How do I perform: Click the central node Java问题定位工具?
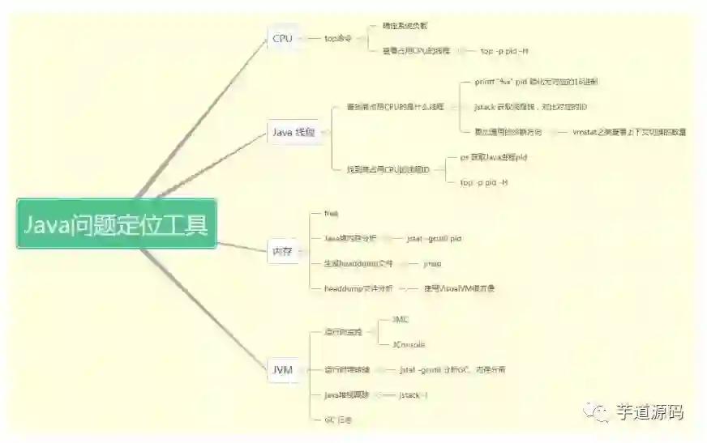pyautogui.click(x=116, y=224)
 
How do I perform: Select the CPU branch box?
pyautogui.click(x=282, y=38)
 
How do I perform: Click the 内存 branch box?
pyautogui.click(x=281, y=251)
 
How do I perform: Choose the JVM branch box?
pyautogui.click(x=282, y=370)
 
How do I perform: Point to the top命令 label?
pyautogui.click(x=338, y=38)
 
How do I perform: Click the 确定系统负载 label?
pyautogui.click(x=405, y=25)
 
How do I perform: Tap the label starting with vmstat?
pyautogui.click(x=628, y=131)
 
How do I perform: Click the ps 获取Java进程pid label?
pyautogui.click(x=493, y=157)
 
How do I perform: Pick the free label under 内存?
pyautogui.click(x=331, y=213)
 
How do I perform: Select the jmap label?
pyautogui.click(x=432, y=263)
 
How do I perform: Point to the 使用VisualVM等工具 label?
pyautogui.click(x=459, y=288)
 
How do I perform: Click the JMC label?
pyautogui.click(x=401, y=320)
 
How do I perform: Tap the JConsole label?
pyautogui.click(x=409, y=344)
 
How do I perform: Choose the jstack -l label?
pyautogui.click(x=413, y=394)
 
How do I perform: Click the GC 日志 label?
pyautogui.click(x=337, y=420)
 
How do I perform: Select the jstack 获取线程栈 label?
pyautogui.click(x=530, y=107)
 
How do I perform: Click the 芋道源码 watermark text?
pyautogui.click(x=649, y=413)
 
